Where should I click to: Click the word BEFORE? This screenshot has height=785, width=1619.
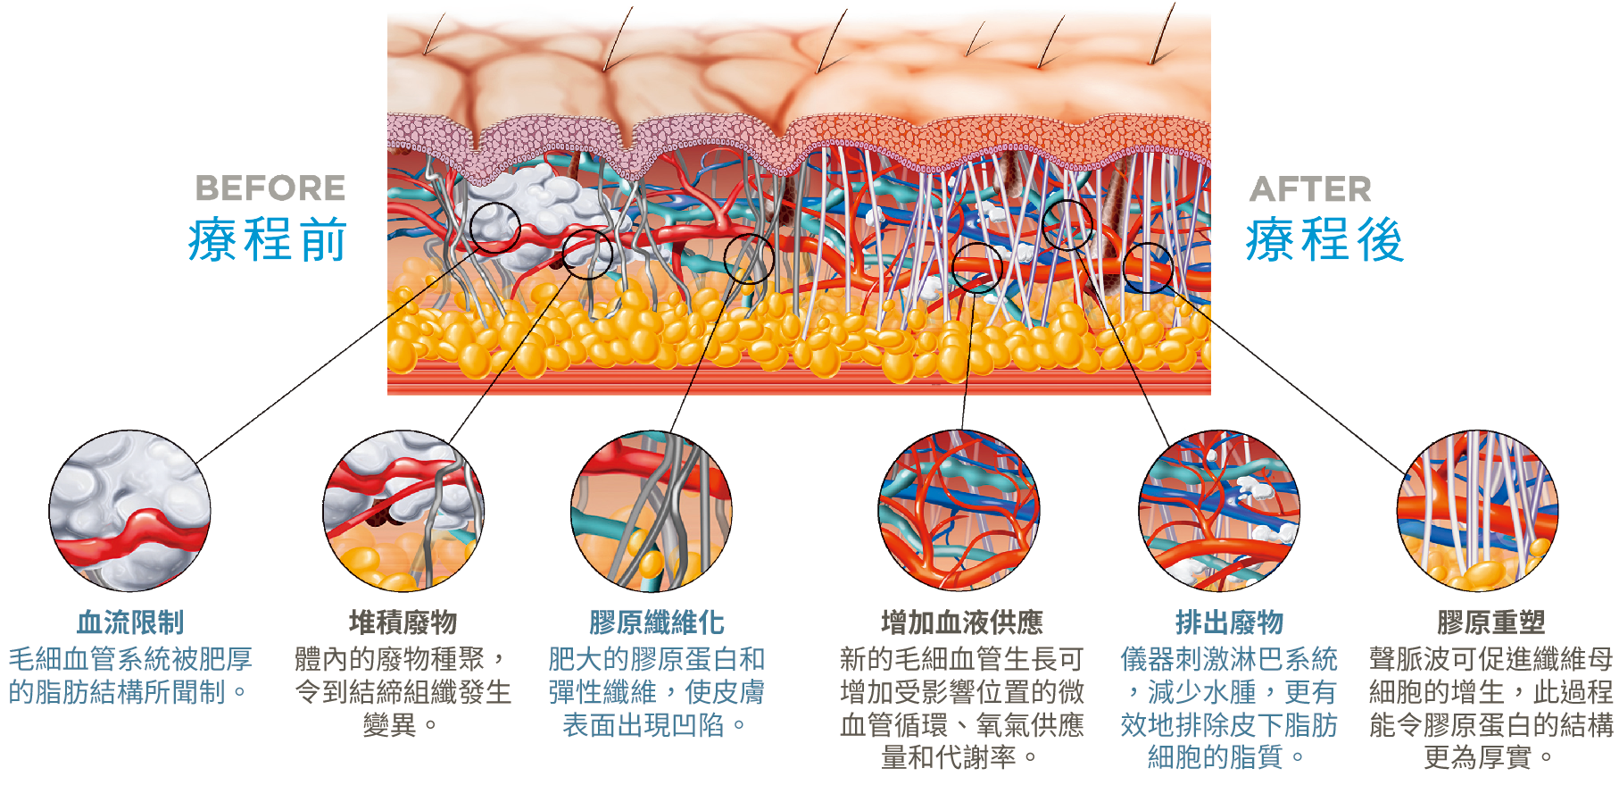click(270, 188)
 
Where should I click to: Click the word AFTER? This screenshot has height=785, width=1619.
click(1310, 189)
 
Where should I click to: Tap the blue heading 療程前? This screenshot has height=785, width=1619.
click(268, 240)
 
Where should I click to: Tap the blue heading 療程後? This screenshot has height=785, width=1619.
click(1325, 240)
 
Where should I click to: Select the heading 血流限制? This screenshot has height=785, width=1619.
click(130, 622)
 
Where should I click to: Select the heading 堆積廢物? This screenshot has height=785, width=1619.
click(403, 622)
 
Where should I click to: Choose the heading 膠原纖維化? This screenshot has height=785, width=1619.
click(657, 622)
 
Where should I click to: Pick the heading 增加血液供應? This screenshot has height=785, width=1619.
click(962, 622)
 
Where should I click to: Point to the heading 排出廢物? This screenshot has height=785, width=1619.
click(1229, 622)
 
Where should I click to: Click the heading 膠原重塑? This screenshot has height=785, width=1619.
click(1490, 622)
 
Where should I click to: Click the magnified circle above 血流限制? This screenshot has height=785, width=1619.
click(130, 511)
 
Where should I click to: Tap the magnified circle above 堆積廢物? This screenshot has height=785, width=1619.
click(403, 511)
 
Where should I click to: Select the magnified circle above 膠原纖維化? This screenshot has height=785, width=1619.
click(652, 511)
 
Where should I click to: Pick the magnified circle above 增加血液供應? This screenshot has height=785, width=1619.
click(959, 511)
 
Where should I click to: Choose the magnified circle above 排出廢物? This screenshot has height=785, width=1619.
click(1219, 511)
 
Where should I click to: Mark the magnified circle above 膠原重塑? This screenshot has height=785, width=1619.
click(1478, 511)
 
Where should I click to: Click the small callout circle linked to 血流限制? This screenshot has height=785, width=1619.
click(495, 227)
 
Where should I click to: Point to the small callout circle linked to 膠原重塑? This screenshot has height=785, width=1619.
click(1148, 268)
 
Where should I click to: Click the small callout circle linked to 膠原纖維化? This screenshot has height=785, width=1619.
click(749, 259)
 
